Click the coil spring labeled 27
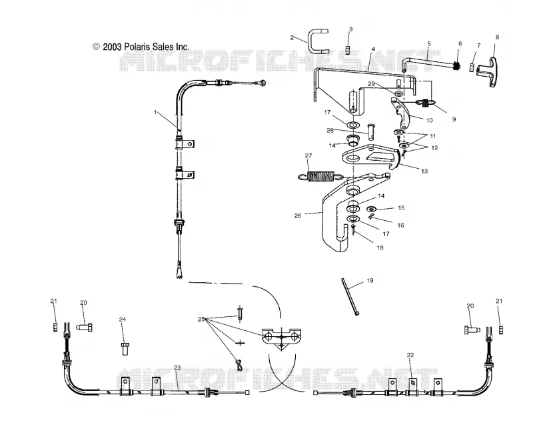[320, 176]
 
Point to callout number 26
[298, 216]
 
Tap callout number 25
[201, 320]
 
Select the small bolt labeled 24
[125, 349]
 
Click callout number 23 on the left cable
[177, 368]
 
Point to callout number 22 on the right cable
[410, 355]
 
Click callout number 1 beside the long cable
[155, 112]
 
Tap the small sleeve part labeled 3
[348, 50]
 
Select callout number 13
[424, 171]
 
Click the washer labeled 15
[372, 208]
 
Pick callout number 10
[429, 120]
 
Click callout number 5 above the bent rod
[429, 44]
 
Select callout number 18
[380, 248]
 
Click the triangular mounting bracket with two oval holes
[281, 338]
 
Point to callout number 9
[454, 119]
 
